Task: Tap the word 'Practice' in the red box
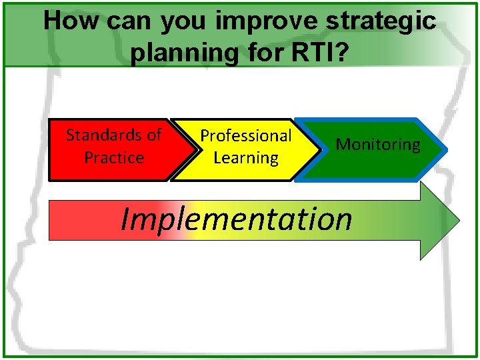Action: [x=114, y=158]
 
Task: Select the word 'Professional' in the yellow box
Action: [x=246, y=135]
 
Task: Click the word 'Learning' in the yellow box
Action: [x=246, y=158]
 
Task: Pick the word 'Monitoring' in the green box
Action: [x=378, y=145]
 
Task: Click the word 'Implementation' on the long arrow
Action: [x=236, y=219]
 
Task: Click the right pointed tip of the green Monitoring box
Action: [x=439, y=149]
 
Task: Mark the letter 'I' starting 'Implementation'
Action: [x=125, y=219]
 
